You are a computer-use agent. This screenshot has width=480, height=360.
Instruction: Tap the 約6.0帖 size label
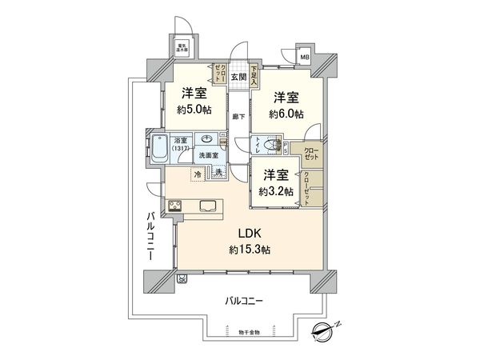point(286,114)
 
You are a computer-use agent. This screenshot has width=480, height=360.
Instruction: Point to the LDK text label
point(247,234)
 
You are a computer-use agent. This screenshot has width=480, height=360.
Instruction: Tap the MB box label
point(304,58)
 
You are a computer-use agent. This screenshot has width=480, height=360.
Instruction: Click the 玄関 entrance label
point(239,78)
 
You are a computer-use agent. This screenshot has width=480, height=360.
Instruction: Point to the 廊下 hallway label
point(238,116)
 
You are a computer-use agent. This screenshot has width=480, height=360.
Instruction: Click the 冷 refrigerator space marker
point(198,172)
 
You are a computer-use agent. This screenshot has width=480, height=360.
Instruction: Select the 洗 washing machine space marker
point(218,172)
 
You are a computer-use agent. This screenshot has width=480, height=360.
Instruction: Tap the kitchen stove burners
point(176,207)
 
